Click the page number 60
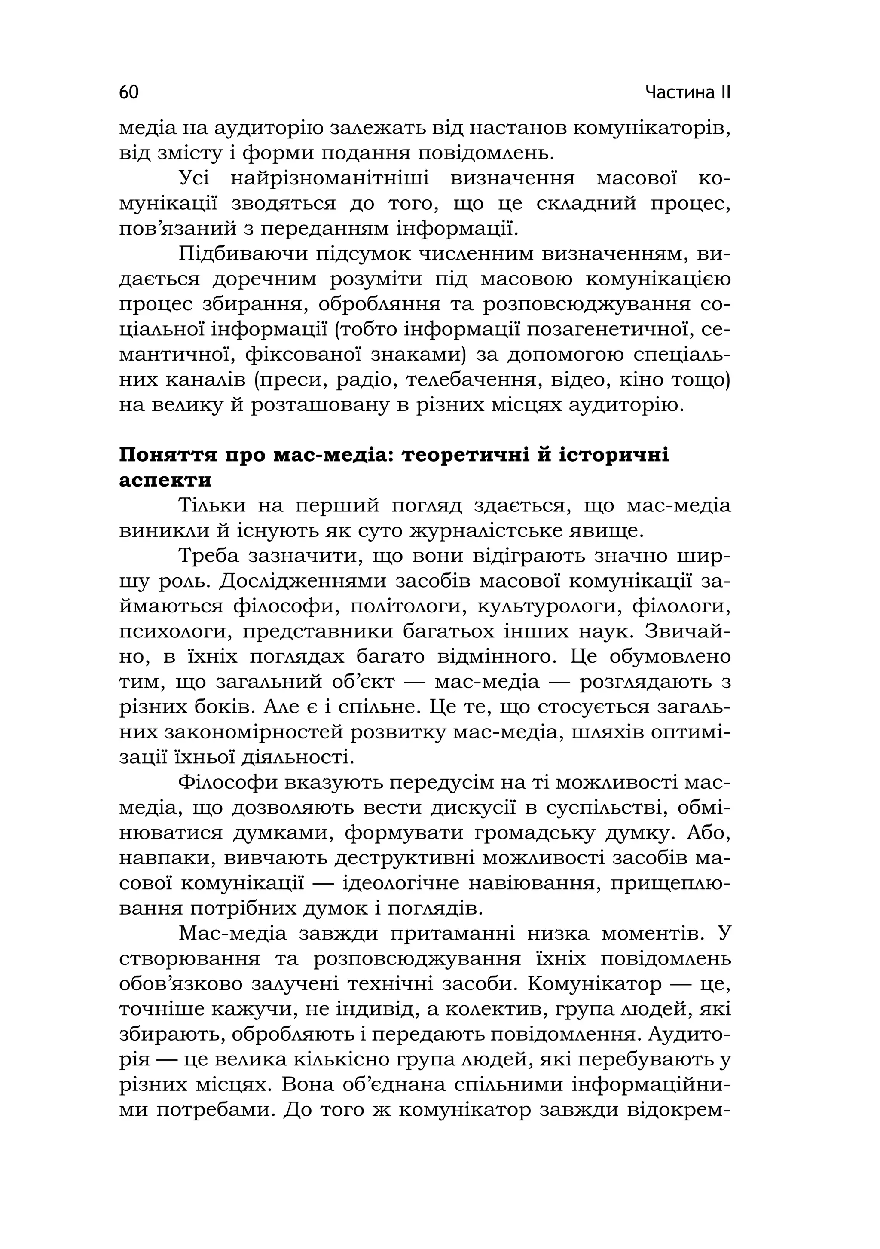click(x=129, y=92)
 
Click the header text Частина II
click(x=687, y=92)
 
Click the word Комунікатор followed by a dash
click(x=594, y=984)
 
